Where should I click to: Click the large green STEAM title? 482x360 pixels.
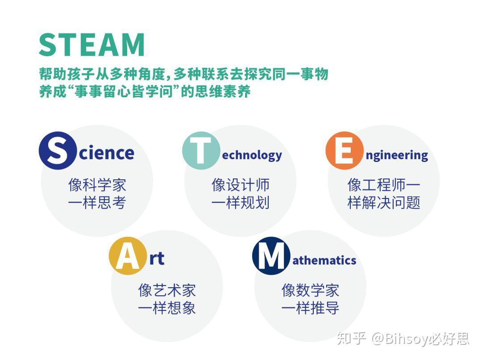tap(91, 44)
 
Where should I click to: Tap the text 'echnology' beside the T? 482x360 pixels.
tap(252, 155)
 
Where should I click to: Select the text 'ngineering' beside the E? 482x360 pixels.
tap(396, 155)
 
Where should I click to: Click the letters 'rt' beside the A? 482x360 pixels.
tap(157, 258)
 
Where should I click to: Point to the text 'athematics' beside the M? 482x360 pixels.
tap(324, 260)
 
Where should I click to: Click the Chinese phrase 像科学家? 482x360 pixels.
tap(97, 185)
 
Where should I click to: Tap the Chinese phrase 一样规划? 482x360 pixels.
tap(240, 203)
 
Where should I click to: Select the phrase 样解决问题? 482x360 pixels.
tap(384, 203)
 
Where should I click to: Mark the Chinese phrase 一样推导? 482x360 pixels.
tap(310, 308)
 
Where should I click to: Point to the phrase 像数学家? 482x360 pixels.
tap(310, 290)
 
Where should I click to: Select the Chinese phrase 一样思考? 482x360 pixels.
tap(97, 203)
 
